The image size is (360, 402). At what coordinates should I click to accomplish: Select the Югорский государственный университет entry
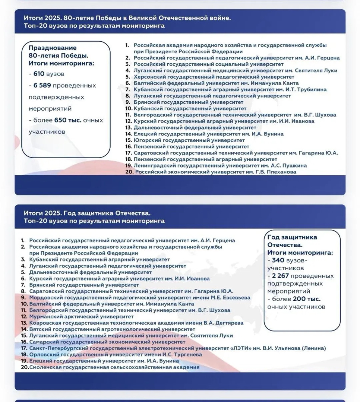tap(189, 140)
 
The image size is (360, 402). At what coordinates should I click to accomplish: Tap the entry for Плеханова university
tap(216, 172)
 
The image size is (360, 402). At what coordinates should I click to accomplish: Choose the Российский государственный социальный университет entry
tap(203, 64)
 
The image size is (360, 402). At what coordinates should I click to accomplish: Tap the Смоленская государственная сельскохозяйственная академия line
tap(114, 367)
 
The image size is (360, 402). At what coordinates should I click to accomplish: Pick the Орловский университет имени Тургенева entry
tap(116, 355)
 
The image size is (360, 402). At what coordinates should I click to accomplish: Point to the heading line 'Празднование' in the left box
tap(53, 48)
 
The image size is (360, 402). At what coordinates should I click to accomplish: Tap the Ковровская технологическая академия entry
tap(136, 323)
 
